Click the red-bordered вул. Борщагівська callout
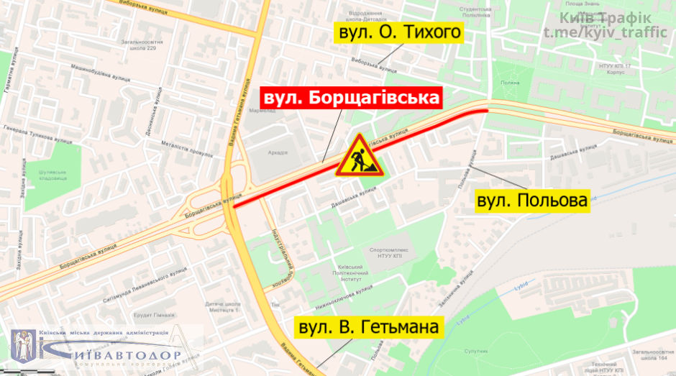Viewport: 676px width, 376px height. click(x=352, y=98)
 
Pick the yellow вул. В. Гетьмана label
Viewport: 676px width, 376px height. click(x=367, y=329)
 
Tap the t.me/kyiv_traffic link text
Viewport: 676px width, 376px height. click(x=607, y=33)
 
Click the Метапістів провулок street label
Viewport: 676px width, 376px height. click(x=188, y=148)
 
